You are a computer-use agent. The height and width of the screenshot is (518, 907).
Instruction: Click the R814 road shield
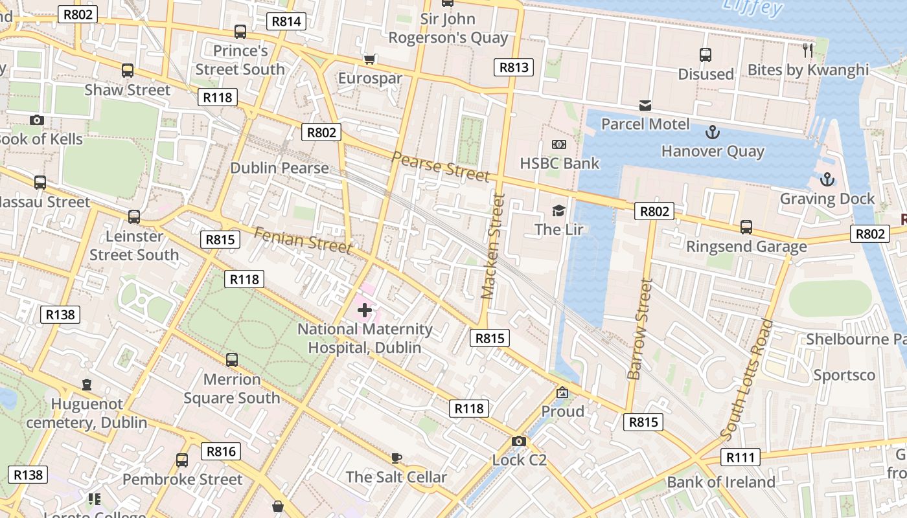point(286,21)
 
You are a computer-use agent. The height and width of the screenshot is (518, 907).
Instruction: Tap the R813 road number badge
point(514,67)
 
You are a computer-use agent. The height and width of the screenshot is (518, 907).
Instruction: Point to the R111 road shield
point(740,458)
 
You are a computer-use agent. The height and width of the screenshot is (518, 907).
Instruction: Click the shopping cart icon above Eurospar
point(370,60)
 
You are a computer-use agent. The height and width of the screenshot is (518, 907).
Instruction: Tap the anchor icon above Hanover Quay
point(712,133)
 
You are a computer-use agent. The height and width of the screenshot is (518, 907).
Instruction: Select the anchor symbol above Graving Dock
point(827,180)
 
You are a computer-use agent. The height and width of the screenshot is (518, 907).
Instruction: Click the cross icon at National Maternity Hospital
point(365,310)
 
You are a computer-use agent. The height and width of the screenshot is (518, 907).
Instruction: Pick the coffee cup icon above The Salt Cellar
point(396,458)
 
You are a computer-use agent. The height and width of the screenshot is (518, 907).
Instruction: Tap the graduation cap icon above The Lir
point(558,210)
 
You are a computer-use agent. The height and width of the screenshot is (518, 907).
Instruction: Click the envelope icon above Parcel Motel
point(645,105)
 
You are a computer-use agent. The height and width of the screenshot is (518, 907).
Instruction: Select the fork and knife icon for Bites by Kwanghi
point(807,51)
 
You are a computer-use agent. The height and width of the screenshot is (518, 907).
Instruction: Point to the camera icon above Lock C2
point(519,442)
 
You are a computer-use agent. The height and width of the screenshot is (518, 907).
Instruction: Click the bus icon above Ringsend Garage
point(746,227)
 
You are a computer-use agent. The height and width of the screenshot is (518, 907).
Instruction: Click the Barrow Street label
point(639,329)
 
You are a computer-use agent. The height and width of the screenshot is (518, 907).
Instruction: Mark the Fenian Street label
point(303,240)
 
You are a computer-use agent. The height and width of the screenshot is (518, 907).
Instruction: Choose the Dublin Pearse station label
point(279,168)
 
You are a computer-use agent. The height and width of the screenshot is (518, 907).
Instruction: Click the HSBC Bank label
point(560,164)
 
